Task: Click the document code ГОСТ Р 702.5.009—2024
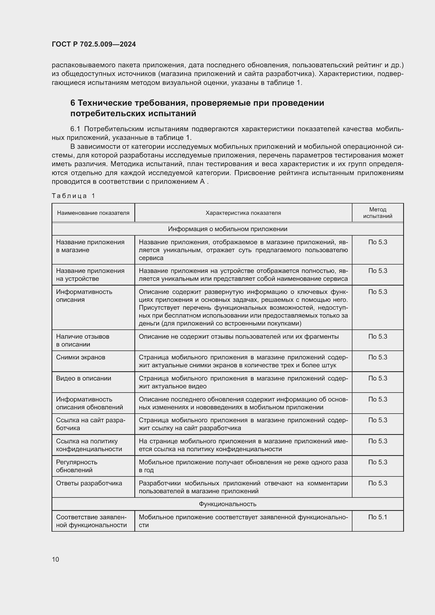coord(94,44)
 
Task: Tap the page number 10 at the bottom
coord(55,559)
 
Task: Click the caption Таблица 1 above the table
coord(73,196)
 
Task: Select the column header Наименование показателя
coord(93,213)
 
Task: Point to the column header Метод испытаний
coord(377,213)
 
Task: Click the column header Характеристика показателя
coord(243,213)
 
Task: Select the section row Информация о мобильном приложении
coord(227,229)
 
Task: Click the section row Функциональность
coord(227,504)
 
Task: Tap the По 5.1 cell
coord(377,517)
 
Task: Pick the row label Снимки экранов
coord(81,357)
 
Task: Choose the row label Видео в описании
coord(84,378)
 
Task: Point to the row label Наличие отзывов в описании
coord(83,340)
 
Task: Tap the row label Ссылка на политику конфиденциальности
coord(89,445)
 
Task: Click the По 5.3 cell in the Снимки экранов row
coord(377,357)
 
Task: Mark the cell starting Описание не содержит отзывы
coord(238,337)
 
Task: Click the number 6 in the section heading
coord(73,103)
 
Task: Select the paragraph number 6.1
coord(75,129)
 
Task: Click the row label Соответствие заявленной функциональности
coord(91,521)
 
